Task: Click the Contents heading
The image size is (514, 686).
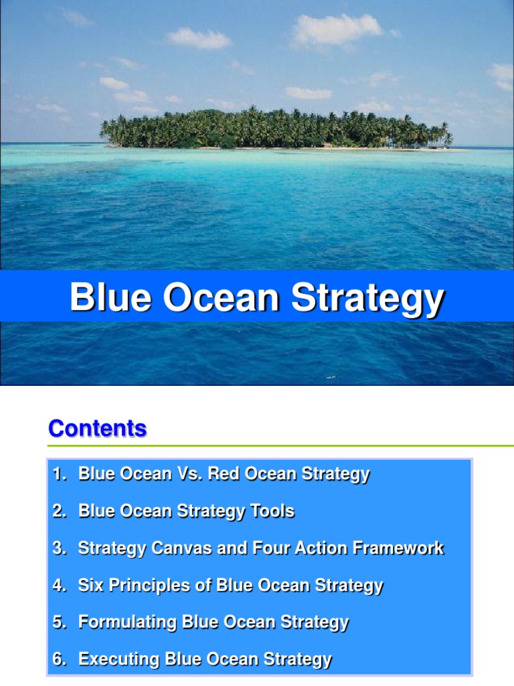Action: pos(97,429)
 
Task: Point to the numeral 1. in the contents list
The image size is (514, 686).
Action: pos(60,474)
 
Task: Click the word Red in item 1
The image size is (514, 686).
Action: pos(223,474)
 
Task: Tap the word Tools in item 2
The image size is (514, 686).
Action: pos(272,511)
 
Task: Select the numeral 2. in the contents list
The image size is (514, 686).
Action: pos(60,511)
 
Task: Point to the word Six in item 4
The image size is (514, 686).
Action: pos(91,586)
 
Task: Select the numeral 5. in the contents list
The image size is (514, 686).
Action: pos(60,622)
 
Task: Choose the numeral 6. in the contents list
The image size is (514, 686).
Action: pos(60,659)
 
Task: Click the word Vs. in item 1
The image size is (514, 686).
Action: pos(189,474)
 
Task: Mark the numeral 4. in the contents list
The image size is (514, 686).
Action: pos(60,586)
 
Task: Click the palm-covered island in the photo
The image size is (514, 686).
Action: pos(275,129)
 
